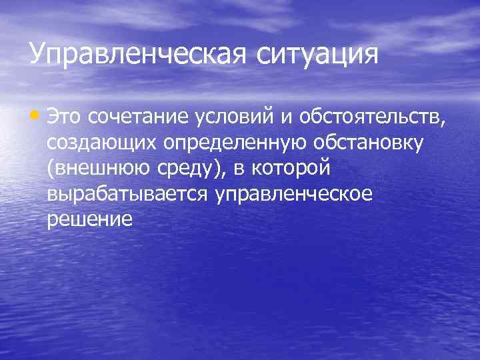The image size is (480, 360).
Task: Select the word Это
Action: coord(67,118)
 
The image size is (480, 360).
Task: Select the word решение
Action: coord(90,219)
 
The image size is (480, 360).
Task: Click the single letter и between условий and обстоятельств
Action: coord(291,119)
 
